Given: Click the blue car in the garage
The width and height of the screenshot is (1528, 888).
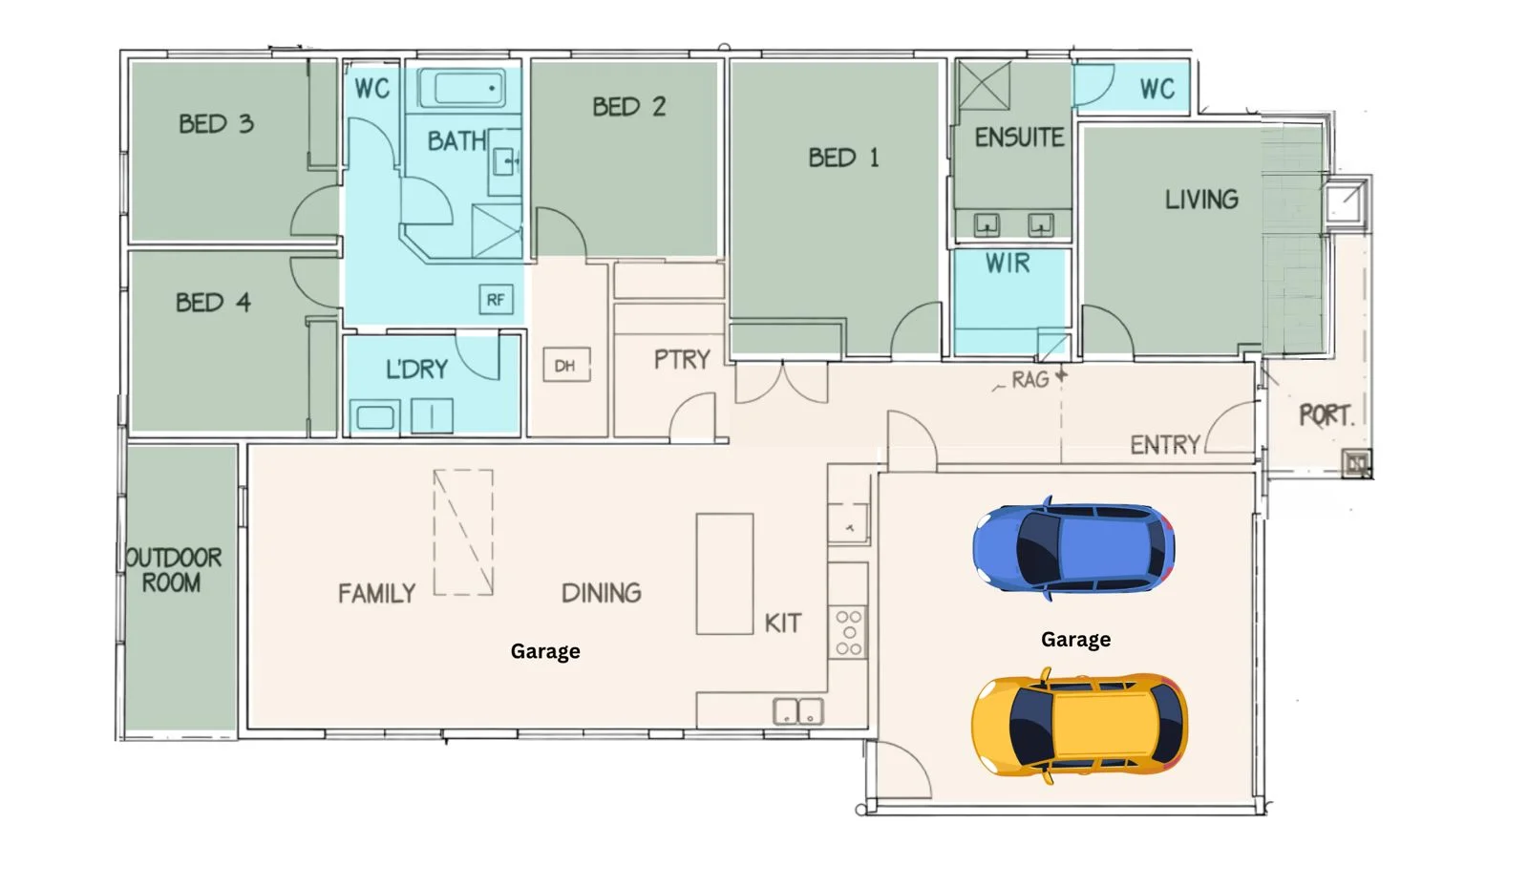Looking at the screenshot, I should click(x=1073, y=549).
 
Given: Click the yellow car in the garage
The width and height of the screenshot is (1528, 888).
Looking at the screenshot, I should click(x=1079, y=724).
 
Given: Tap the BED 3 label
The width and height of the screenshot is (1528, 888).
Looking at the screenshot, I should click(x=216, y=124).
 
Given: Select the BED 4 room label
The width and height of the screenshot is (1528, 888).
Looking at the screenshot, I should click(x=213, y=303).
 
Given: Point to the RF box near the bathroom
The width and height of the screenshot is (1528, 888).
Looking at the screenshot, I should click(x=496, y=300).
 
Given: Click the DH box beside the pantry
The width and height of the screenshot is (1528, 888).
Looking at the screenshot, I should click(x=565, y=366).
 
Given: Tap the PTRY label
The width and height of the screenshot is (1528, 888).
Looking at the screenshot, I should click(x=682, y=360).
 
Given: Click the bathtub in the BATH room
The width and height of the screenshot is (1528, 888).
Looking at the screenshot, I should click(x=463, y=89).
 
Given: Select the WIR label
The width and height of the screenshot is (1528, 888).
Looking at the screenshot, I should click(x=1008, y=264).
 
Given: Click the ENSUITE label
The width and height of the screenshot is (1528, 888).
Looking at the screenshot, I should click(x=1019, y=137).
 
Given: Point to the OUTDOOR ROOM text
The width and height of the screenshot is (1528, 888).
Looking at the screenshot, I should click(x=174, y=570).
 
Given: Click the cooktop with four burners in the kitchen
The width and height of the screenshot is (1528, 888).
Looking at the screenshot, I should click(x=848, y=632).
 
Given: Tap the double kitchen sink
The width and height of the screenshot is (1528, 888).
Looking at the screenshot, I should click(x=797, y=711).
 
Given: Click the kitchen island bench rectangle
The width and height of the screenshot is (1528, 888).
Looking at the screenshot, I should click(x=725, y=574).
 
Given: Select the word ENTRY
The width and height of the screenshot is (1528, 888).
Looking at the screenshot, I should click(x=1165, y=445).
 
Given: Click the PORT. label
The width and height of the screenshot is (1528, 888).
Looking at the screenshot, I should click(x=1326, y=415).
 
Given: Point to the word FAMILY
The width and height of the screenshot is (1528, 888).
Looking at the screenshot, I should click(x=376, y=594).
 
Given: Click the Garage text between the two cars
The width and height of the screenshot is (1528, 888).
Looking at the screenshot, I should click(x=1075, y=640).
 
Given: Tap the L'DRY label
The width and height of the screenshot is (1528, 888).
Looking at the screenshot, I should click(x=416, y=370).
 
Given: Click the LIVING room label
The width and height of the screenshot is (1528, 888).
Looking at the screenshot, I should click(x=1201, y=200).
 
